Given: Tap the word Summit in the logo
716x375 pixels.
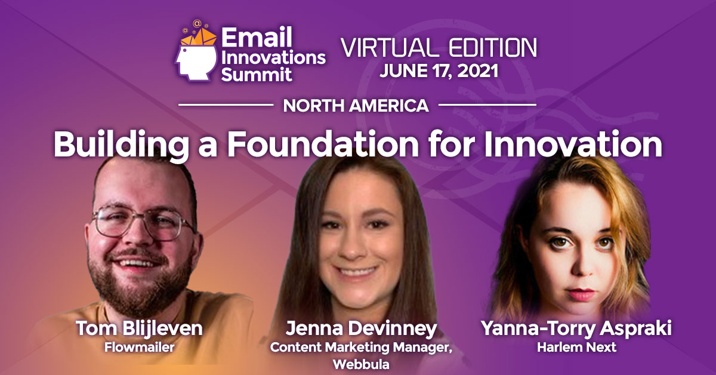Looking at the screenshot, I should (257, 74).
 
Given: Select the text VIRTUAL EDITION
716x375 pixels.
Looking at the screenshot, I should (439, 48).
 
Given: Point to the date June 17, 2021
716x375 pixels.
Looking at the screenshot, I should (439, 71).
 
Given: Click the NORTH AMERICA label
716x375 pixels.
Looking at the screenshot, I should (356, 106).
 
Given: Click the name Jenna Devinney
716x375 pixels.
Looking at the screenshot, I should (361, 329).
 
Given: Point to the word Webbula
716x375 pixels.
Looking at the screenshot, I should (361, 364).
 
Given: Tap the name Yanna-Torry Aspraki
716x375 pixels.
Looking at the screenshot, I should (576, 328).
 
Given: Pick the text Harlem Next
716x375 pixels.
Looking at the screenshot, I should (576, 346).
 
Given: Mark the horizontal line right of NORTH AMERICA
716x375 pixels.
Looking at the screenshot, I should (487, 105).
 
